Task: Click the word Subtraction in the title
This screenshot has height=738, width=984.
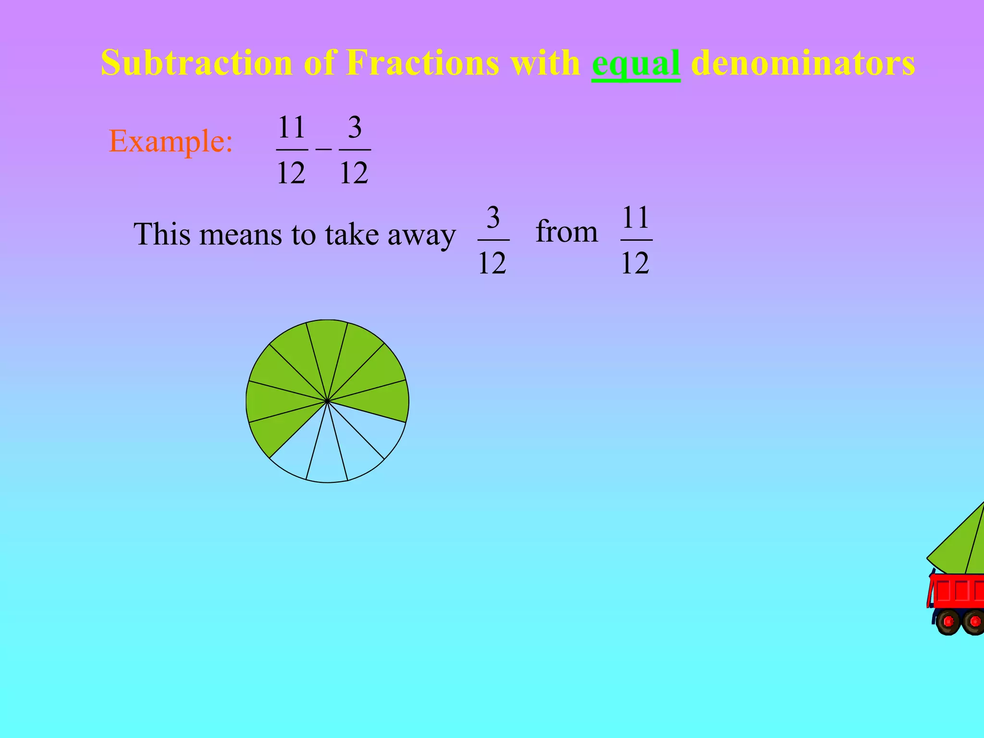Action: point(197,63)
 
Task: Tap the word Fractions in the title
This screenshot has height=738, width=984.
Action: point(422,63)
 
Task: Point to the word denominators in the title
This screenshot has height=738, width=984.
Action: point(802,63)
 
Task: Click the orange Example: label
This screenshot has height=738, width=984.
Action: point(171,141)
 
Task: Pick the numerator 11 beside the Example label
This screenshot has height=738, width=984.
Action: point(292,127)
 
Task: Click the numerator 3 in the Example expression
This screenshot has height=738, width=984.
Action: point(355,127)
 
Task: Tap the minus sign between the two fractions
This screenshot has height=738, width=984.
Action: point(323,149)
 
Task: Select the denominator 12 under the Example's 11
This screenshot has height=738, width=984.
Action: point(291,173)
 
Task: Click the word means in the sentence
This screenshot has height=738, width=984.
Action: point(241,235)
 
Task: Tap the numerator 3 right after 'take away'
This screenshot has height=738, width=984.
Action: point(493,218)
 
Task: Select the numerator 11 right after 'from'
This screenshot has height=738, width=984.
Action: point(636,218)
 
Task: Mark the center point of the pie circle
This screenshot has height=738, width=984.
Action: point(327,401)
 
